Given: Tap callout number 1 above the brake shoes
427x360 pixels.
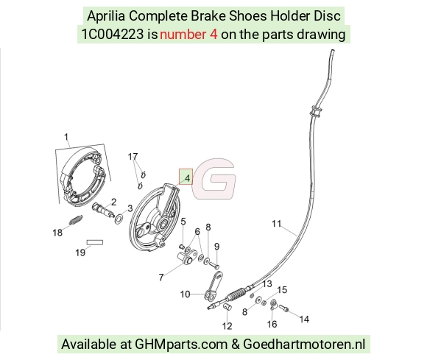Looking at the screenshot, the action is [66, 137].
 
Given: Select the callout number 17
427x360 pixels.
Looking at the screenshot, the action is [133, 157].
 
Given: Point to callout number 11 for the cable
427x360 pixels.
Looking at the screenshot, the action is [276, 224].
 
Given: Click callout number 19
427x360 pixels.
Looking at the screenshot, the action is [80, 253].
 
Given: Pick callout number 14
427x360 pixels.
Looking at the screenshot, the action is [305, 320].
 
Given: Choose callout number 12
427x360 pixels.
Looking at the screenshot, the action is [227, 326].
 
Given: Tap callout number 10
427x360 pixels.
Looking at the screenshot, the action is [185, 294].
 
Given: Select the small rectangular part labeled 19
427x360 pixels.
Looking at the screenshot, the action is [95, 242].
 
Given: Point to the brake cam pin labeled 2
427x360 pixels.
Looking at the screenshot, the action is [103, 211].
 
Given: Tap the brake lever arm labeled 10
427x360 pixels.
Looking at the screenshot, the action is [213, 286].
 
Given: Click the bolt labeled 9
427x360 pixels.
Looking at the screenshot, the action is [214, 264].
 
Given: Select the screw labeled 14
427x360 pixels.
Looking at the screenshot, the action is [283, 308].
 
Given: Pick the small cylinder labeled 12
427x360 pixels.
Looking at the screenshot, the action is [227, 307].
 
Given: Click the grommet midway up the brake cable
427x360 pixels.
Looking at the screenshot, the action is [316, 112].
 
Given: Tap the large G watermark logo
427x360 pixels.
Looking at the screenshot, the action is [214, 179].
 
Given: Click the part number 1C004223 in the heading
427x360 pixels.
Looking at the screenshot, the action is [113, 35].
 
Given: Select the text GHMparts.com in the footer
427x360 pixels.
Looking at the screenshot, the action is [181, 345].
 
